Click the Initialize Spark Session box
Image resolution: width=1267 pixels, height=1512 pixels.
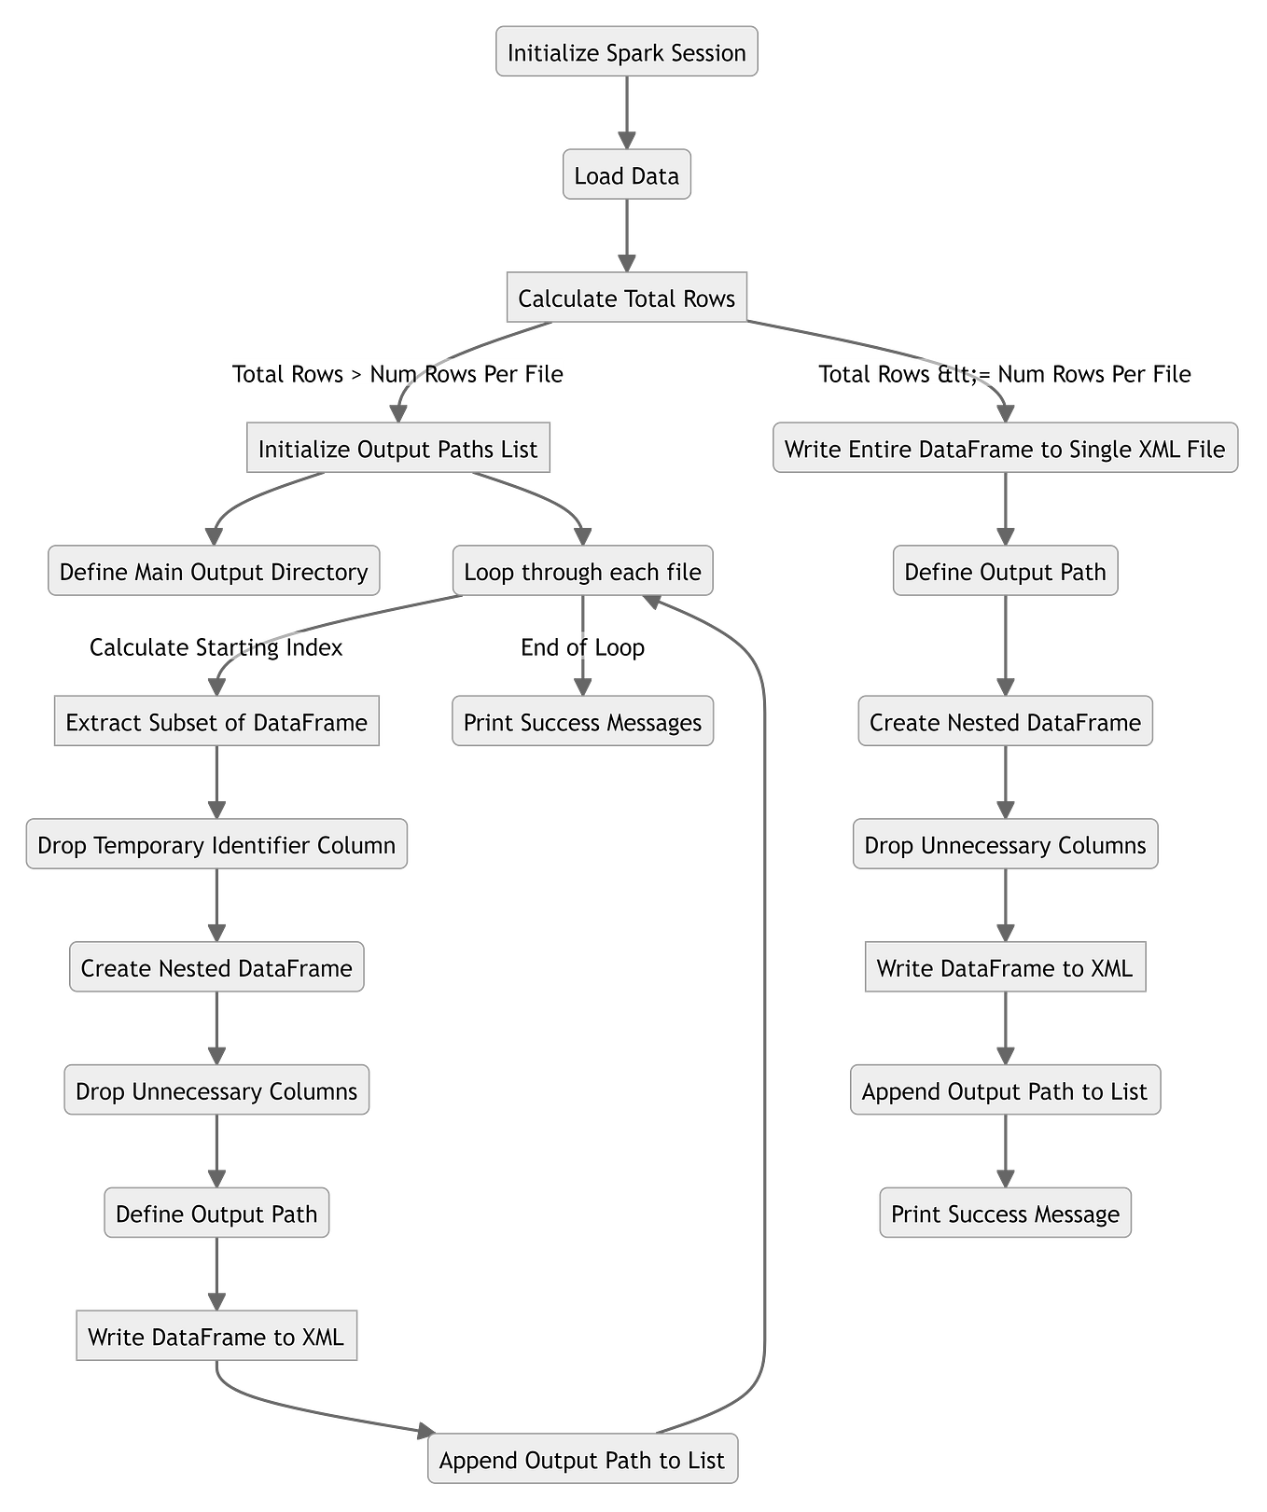click(626, 52)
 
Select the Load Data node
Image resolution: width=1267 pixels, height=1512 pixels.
click(626, 175)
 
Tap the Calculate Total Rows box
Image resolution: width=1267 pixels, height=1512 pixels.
click(626, 298)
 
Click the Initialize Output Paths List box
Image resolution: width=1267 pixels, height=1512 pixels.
click(397, 449)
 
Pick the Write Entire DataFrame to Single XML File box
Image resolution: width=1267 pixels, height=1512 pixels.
click(1005, 449)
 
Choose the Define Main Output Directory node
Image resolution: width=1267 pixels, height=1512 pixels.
click(214, 572)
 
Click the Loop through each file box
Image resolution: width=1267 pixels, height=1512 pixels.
click(582, 572)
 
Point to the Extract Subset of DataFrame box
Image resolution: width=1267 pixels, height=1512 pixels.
click(216, 722)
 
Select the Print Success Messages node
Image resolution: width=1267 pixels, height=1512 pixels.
click(582, 722)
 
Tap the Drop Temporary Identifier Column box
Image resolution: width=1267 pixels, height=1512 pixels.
click(216, 845)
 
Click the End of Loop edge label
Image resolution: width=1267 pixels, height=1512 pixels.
click(582, 647)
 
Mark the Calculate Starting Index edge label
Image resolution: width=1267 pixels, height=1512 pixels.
click(216, 647)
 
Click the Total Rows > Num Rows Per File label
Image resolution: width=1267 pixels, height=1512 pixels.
click(397, 374)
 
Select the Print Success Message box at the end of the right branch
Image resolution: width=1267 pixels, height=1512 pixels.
click(1005, 1214)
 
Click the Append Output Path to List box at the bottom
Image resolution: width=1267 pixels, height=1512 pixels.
click(582, 1460)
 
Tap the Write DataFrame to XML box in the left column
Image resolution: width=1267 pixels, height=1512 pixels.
click(216, 1337)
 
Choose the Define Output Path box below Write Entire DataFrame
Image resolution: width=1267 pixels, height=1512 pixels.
click(1005, 572)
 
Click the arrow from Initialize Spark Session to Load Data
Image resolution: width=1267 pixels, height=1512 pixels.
click(626, 112)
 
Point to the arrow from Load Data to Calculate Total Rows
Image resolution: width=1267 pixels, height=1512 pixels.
click(626, 235)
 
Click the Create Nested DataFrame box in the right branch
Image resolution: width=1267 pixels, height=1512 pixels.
click(1005, 722)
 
